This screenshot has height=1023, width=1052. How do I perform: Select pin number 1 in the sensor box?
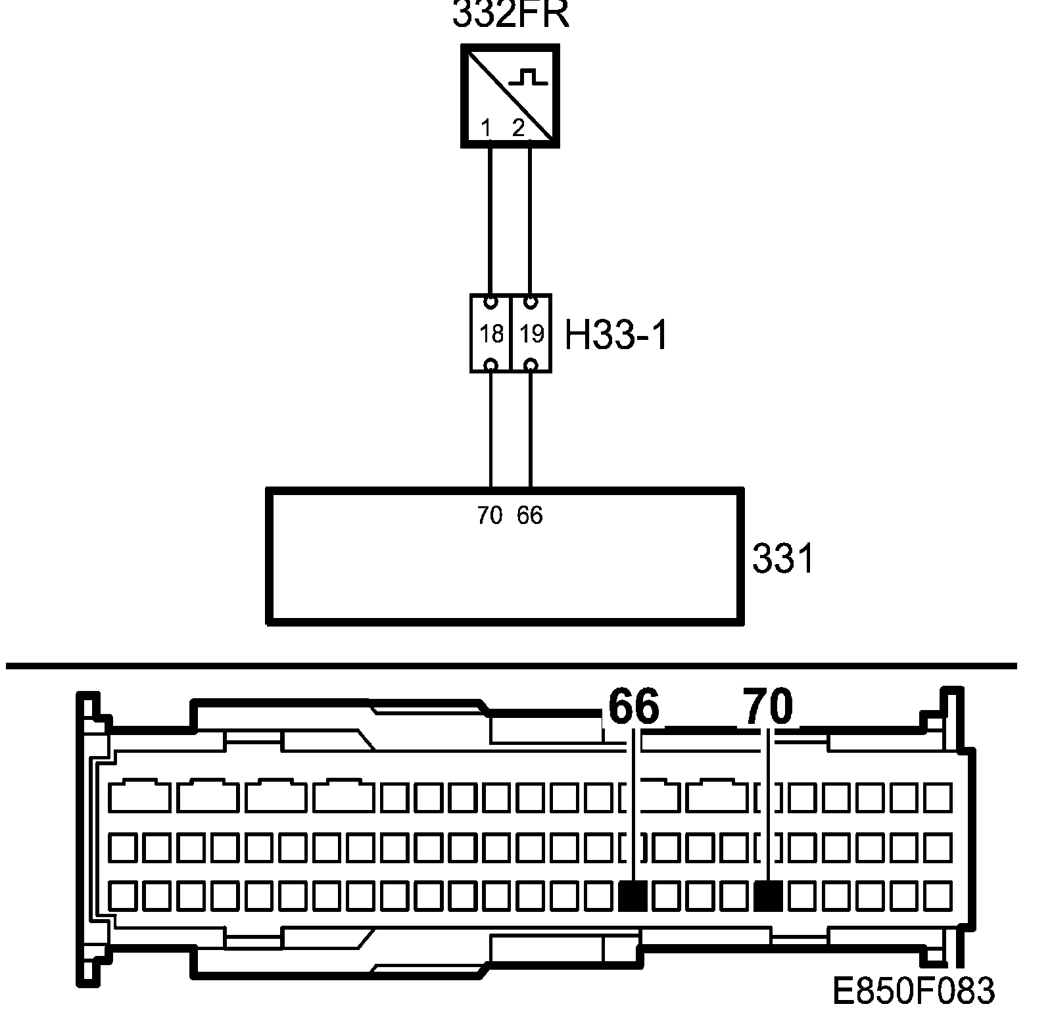click(x=486, y=128)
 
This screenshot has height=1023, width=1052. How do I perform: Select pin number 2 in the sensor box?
click(x=518, y=128)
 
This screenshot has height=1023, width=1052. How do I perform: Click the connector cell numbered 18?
click(x=491, y=334)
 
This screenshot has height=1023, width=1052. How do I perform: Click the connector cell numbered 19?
click(x=531, y=334)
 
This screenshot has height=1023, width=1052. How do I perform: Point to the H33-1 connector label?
click(x=616, y=337)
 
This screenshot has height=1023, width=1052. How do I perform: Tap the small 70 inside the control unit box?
click(x=490, y=515)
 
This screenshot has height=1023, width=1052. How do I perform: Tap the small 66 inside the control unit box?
click(x=530, y=515)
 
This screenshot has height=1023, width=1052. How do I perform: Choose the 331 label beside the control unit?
click(x=782, y=559)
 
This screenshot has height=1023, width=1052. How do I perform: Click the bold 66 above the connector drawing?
click(x=633, y=707)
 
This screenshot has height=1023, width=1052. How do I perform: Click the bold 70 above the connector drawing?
click(x=768, y=707)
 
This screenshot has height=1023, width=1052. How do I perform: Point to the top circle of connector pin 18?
click(x=490, y=303)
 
